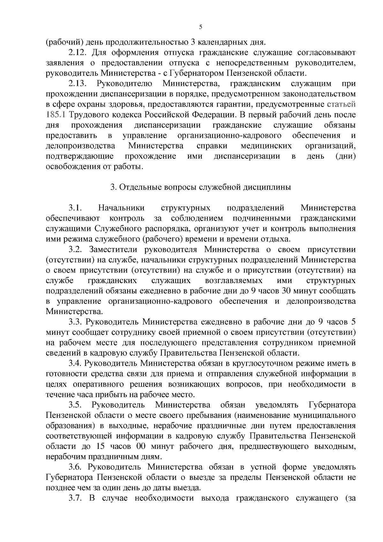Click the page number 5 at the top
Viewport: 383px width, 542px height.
click(200, 27)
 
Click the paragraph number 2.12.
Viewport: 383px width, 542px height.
click(77, 52)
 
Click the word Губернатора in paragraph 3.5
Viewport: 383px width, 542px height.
click(332, 405)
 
